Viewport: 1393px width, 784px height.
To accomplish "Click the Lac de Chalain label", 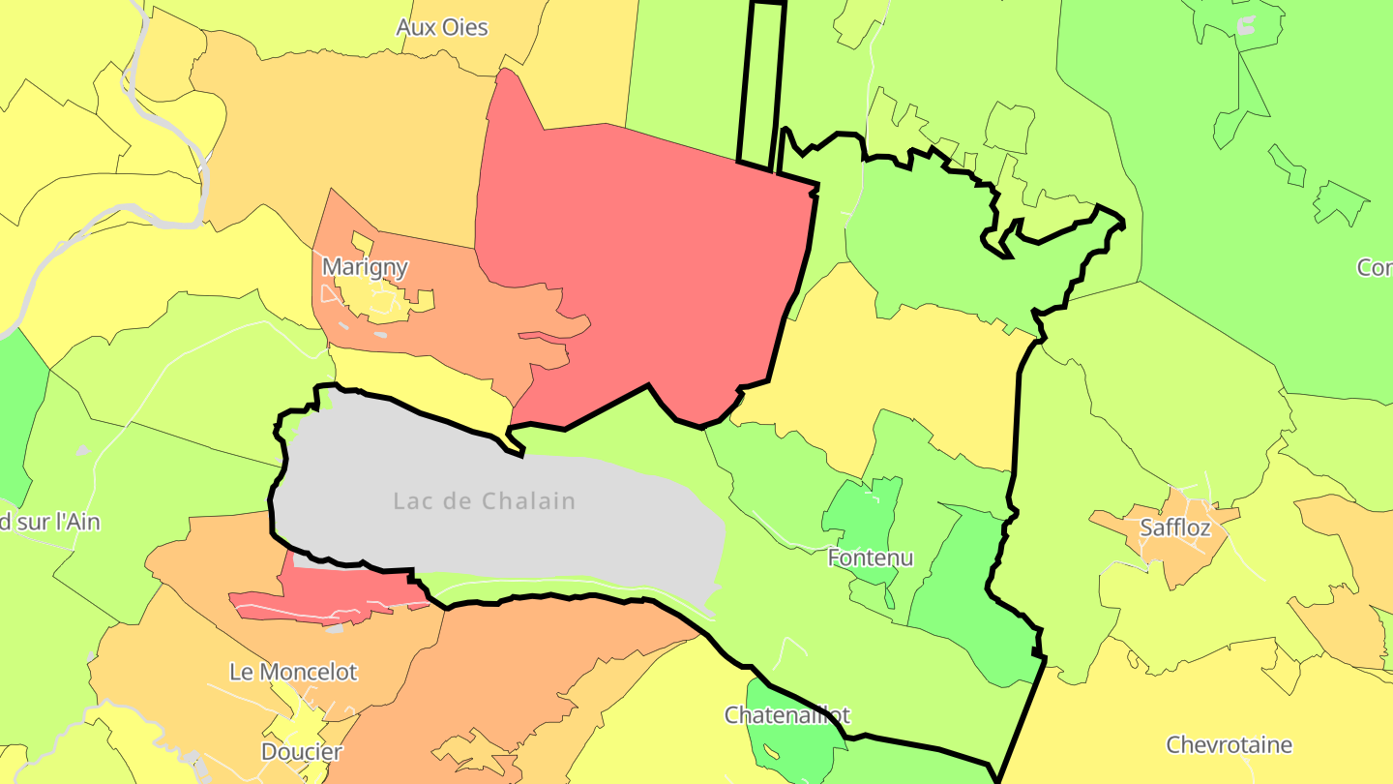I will click(484, 501).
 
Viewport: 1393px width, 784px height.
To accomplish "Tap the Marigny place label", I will click(365, 267).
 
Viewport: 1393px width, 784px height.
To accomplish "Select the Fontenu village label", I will click(871, 558).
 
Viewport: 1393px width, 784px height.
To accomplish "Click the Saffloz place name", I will click(1174, 528).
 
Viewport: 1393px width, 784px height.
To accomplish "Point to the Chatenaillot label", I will click(787, 715).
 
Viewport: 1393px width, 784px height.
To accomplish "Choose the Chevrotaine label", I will click(1229, 745).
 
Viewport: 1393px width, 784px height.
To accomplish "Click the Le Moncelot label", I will click(293, 672).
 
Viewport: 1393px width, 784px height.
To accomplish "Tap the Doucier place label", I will click(302, 752).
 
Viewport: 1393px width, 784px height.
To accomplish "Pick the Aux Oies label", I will click(442, 27).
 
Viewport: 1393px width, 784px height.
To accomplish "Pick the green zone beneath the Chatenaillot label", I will click(793, 750).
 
